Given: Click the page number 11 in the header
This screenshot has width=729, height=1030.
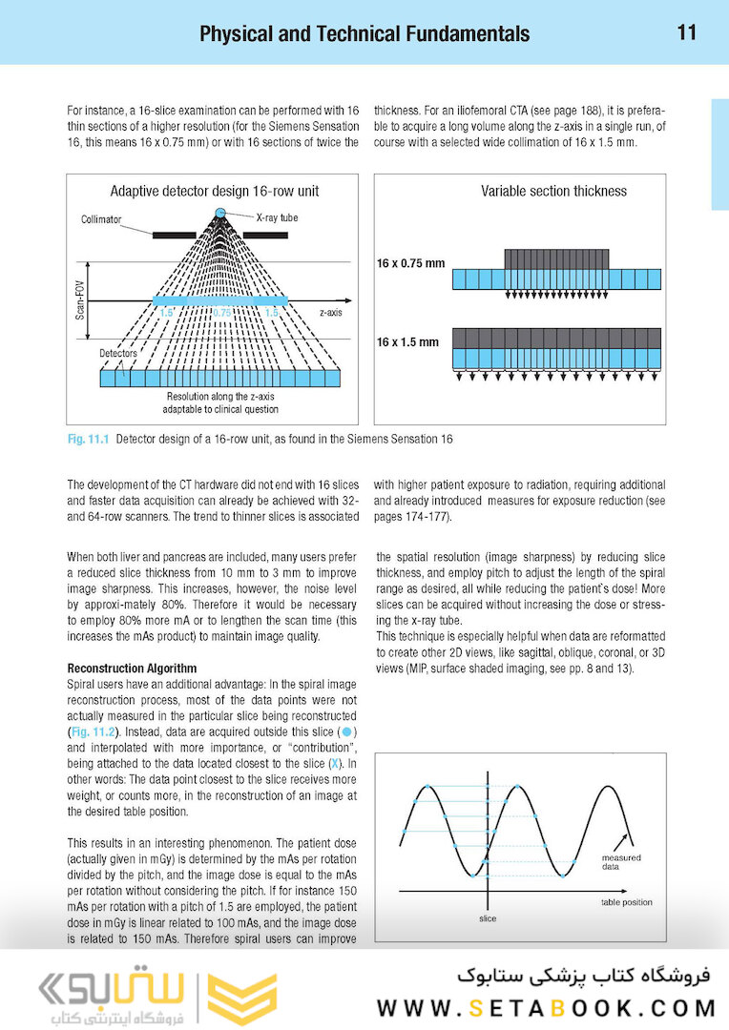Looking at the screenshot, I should (x=687, y=32).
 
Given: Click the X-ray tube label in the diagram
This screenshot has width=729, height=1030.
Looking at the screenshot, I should (x=277, y=217).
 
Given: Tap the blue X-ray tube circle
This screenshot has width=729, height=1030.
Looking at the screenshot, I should (x=221, y=212).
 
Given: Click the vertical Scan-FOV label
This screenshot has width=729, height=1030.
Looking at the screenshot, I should (x=80, y=299).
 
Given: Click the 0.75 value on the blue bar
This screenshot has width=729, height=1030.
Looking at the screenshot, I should (x=221, y=312).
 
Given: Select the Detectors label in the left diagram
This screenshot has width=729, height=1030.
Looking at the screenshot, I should (x=118, y=353).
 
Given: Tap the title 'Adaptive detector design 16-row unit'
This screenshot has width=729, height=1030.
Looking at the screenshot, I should (x=214, y=191).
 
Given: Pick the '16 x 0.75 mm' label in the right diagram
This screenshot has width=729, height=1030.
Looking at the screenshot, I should (x=410, y=262).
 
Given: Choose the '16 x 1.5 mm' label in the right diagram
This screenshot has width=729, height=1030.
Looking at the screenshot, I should (x=407, y=341).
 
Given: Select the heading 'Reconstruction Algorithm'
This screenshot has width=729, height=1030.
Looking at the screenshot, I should (x=131, y=669).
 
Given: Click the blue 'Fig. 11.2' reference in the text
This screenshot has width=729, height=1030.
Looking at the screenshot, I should (x=93, y=731).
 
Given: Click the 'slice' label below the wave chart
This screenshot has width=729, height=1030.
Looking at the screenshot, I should (x=487, y=919).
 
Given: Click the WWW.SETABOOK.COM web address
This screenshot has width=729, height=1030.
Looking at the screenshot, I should (x=547, y=1008).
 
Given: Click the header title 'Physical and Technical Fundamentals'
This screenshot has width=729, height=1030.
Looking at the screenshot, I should (x=364, y=34).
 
